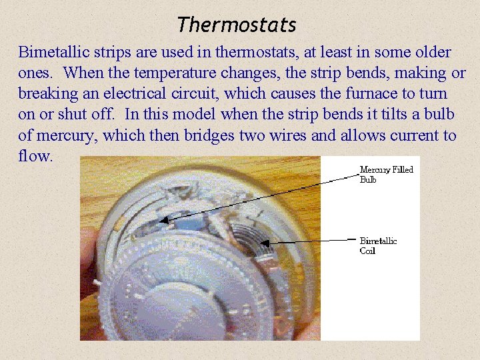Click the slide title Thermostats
point(237,25)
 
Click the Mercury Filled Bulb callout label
point(386,175)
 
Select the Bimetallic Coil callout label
point(378,245)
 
